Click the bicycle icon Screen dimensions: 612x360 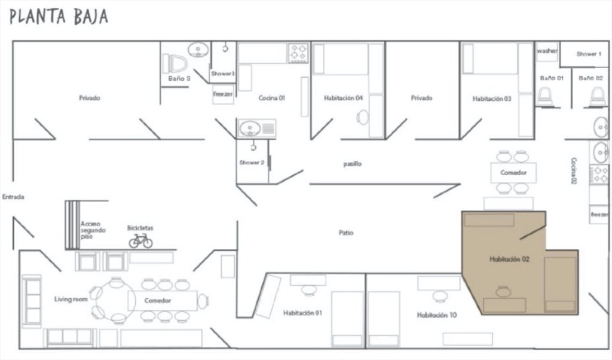point(140,240)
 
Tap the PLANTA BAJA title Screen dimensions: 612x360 point(59,17)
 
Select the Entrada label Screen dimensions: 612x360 point(13,197)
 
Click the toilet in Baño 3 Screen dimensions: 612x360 point(175,63)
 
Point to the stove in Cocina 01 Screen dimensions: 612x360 point(298,53)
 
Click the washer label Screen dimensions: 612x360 point(547,51)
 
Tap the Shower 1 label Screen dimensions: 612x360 point(589,54)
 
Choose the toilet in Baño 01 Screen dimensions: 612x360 point(544,96)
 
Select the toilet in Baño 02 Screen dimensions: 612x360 point(597,96)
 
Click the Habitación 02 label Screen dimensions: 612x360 point(509,259)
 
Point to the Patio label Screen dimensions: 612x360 point(346,233)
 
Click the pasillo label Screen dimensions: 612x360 point(353,164)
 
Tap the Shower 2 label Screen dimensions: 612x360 point(252,163)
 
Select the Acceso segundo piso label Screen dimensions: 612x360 point(93,230)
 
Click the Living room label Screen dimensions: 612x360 point(71,300)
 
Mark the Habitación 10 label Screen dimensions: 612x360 point(437,315)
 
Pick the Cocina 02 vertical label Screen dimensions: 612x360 point(573,170)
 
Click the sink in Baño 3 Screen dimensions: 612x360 point(198,50)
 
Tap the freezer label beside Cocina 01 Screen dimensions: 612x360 point(223,94)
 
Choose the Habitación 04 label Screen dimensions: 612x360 point(343,98)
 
